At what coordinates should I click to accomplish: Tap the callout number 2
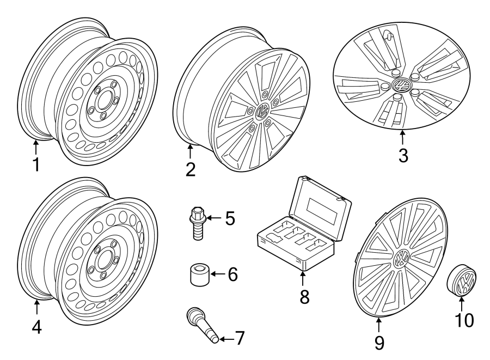click(x=190, y=169)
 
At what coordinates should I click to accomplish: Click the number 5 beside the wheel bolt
click(x=230, y=219)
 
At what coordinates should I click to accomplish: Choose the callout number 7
click(x=240, y=338)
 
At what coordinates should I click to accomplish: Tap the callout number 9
click(x=379, y=341)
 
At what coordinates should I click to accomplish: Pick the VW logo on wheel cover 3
click(x=402, y=86)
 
